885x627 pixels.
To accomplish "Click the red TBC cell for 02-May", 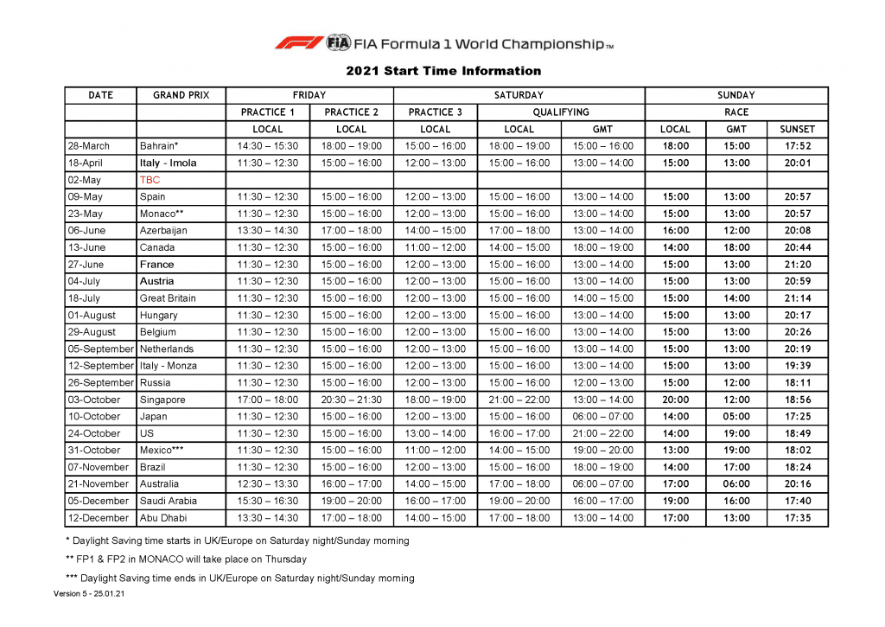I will click(150, 180).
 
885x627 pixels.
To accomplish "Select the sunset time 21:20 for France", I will click(797, 265).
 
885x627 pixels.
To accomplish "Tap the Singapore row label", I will click(162, 400).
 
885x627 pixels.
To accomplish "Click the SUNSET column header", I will click(797, 130).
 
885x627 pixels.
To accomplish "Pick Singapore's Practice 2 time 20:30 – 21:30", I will click(351, 400).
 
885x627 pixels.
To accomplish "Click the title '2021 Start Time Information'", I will click(443, 71).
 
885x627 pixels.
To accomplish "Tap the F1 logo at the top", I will click(298, 42).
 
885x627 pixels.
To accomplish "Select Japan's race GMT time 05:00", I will click(736, 417).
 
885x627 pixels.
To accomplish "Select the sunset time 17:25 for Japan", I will click(797, 417).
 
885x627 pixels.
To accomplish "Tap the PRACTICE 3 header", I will click(435, 112).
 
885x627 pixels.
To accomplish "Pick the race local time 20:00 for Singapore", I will click(675, 400).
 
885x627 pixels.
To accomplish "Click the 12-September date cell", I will click(100, 367).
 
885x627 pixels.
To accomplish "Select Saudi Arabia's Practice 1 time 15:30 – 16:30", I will click(267, 502).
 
